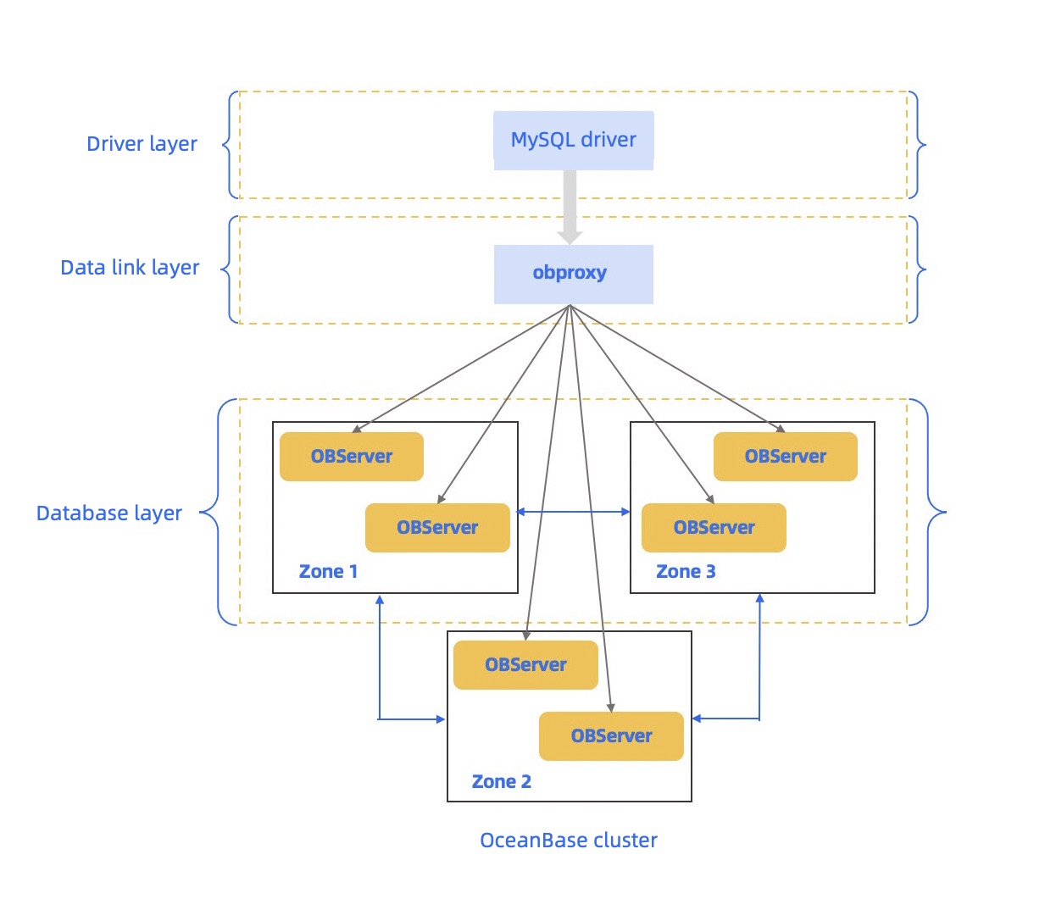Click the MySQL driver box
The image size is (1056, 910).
pos(573,140)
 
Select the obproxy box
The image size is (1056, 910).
pos(573,274)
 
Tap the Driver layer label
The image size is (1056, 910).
pos(142,144)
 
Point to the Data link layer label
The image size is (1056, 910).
pos(130,268)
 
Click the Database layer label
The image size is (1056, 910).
pos(108,513)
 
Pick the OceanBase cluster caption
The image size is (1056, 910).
pos(568,841)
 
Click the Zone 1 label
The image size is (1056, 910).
pos(328,572)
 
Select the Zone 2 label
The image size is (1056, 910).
pos(501,782)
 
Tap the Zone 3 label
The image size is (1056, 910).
pos(686,572)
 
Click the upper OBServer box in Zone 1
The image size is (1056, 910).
pos(351,457)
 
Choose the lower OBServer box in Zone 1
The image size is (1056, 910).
pos(437,528)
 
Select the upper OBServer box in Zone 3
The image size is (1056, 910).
pos(785,457)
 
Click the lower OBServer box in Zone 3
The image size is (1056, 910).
pos(714,528)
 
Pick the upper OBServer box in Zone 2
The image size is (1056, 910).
pos(525,665)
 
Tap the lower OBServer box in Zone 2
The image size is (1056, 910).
pos(611,736)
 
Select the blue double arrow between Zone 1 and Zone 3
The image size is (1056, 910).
pos(574,512)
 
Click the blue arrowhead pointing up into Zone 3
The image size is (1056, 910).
pos(759,599)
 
